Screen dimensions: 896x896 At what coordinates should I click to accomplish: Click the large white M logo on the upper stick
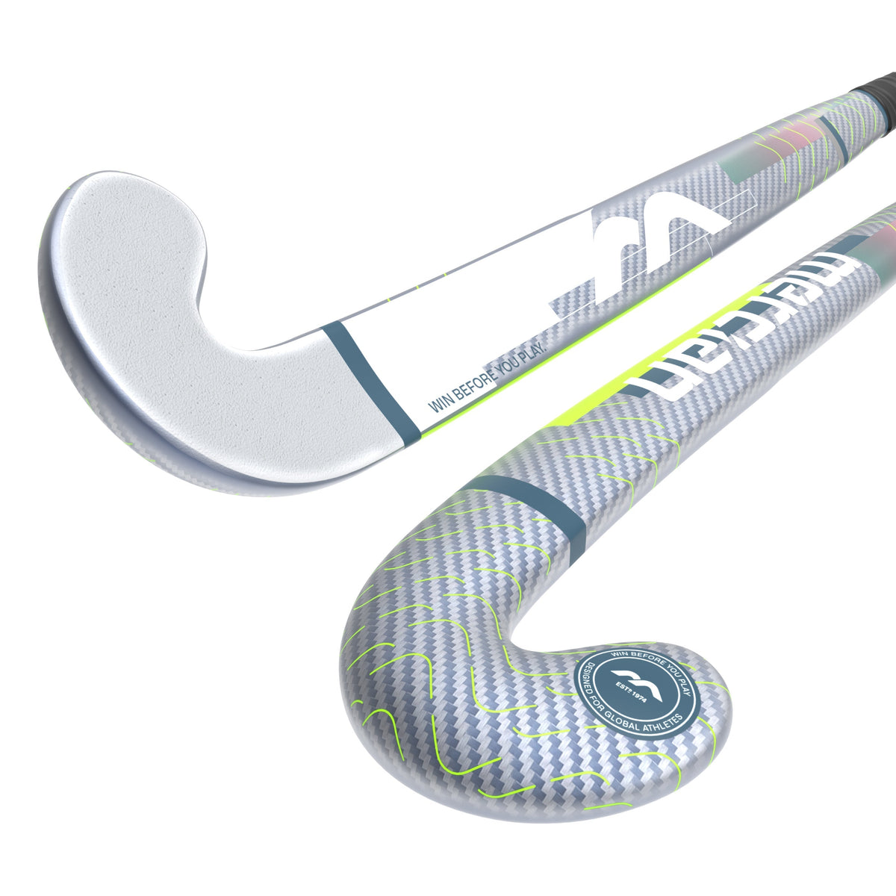(x=665, y=231)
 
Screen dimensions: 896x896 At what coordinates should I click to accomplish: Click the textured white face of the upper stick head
(x=187, y=336)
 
